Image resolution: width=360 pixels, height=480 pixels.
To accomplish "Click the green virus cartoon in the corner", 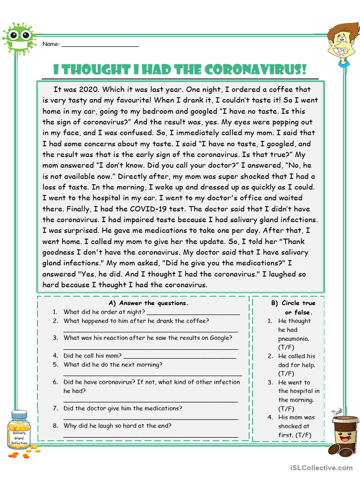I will (x=19, y=37).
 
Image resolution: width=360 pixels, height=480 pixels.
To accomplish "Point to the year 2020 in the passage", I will (x=86, y=90).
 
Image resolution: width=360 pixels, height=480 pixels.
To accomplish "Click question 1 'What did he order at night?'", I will (x=105, y=312).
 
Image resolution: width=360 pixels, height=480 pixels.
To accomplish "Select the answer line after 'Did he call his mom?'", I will (x=180, y=356).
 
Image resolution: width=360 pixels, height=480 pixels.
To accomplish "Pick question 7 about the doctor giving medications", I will (x=123, y=408).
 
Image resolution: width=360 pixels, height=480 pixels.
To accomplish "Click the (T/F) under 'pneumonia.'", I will (x=286, y=347).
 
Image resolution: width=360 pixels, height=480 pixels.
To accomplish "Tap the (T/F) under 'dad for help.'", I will (x=286, y=374).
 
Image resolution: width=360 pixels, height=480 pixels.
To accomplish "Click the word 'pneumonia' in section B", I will (x=294, y=338).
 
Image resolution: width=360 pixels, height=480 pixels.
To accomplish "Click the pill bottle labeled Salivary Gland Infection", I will (x=19, y=432).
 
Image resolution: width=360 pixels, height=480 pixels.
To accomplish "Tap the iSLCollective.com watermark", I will (x=321, y=467).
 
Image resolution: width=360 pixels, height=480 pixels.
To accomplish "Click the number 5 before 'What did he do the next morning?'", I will (x=55, y=365).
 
